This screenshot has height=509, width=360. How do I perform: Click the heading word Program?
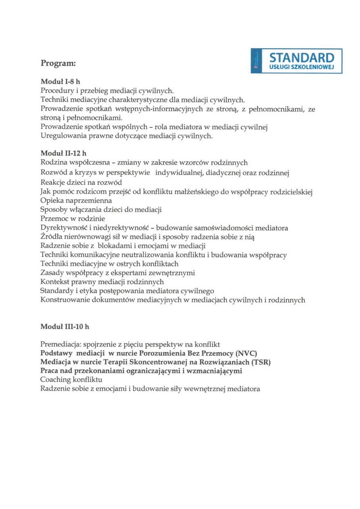58,64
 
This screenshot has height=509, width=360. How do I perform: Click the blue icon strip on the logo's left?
256,61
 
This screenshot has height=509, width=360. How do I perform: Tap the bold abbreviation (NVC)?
241,353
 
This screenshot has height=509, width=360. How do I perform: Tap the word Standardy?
58,291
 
